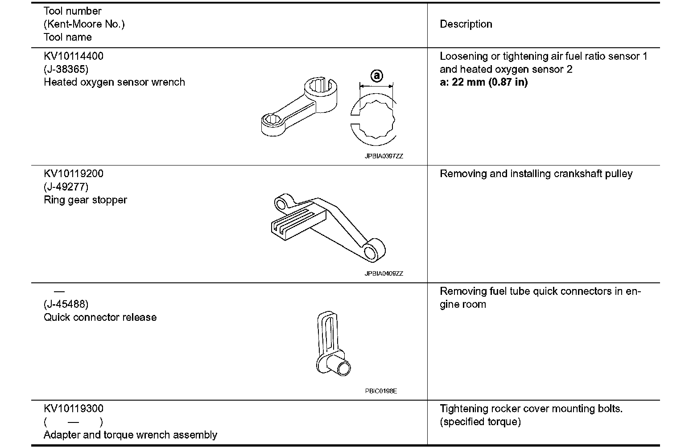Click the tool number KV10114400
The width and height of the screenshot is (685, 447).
[74, 56]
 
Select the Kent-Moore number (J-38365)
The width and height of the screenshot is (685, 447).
[66, 69]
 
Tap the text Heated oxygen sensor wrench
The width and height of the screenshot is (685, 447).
[114, 82]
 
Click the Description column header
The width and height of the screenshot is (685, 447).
[466, 24]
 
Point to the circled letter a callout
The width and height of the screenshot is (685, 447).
[377, 76]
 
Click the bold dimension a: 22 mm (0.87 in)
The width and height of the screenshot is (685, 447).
[483, 82]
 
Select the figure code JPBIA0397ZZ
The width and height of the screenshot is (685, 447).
[384, 157]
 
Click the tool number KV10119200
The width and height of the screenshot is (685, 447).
[74, 174]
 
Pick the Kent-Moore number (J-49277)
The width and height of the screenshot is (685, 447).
[66, 186]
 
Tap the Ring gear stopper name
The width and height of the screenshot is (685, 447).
[85, 200]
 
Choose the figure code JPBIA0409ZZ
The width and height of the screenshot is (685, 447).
[384, 273]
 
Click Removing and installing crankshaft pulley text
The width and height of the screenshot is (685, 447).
[536, 174]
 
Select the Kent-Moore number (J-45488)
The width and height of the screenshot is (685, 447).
[66, 304]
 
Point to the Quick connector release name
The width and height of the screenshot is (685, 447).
[100, 317]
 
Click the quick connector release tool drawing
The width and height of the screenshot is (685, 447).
[332, 344]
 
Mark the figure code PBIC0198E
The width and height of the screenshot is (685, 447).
[381, 391]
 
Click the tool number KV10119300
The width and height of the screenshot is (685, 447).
[74, 409]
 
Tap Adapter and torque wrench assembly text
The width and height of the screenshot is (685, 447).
[130, 435]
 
